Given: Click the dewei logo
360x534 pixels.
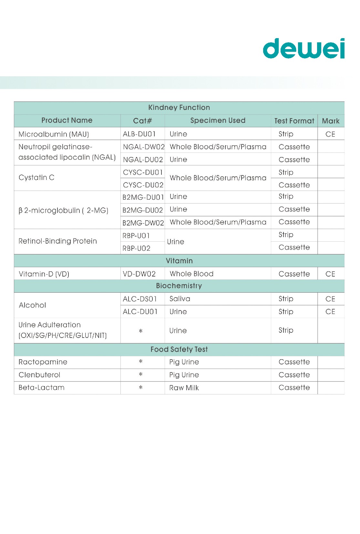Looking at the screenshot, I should [303, 49].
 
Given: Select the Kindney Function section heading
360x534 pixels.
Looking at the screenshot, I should [179, 108].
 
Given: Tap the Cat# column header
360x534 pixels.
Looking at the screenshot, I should [142, 121].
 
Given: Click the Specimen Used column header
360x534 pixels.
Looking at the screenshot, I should [218, 120].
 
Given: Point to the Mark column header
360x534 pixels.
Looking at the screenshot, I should [331, 121].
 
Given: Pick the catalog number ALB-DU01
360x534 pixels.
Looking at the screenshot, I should [139, 134].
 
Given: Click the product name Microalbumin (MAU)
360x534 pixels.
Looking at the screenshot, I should [54, 134].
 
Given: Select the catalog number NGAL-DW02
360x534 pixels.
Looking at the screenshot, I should [144, 147].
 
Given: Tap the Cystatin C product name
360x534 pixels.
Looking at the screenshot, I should [36, 178].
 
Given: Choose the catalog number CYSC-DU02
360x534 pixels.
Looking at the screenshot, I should [143, 185].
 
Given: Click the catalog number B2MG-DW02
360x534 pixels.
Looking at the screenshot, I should [143, 223].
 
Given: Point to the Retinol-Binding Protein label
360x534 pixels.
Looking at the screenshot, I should [58, 241].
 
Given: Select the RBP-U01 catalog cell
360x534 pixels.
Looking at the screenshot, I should [136, 236].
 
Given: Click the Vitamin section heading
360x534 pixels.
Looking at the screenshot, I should [179, 261].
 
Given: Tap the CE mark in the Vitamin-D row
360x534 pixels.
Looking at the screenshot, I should [330, 274].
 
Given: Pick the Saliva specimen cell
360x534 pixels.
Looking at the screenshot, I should [180, 299].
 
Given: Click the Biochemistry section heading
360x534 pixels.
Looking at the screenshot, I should [179, 286].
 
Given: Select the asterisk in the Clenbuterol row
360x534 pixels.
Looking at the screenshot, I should [141, 375].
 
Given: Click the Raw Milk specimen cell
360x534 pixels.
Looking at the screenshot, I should [184, 388].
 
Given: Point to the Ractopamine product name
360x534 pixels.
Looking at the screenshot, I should [43, 362].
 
